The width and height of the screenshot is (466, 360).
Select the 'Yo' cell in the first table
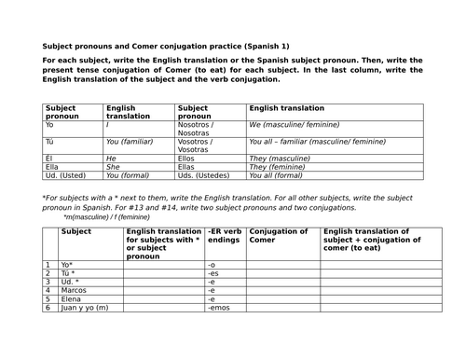(x=50, y=124)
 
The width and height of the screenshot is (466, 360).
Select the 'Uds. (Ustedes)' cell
(x=201, y=174)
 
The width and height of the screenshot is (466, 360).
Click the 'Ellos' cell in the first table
(x=187, y=158)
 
